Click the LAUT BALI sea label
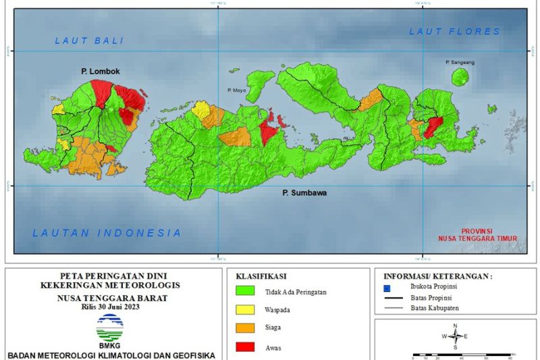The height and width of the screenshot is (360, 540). pyautogui.click(x=90, y=41)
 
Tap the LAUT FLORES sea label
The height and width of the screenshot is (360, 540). pyautogui.click(x=455, y=31)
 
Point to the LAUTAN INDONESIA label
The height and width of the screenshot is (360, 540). pyautogui.click(x=107, y=233)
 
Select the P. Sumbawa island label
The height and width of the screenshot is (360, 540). pyautogui.click(x=304, y=193)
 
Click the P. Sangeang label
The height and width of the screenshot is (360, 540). pyautogui.click(x=460, y=62)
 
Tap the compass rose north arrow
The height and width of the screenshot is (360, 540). pyautogui.click(x=456, y=336)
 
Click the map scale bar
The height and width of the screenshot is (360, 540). pyautogui.click(x=463, y=353)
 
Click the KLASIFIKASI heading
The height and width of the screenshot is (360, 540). pyautogui.click(x=261, y=276)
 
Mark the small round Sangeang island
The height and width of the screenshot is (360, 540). pyautogui.click(x=460, y=76)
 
